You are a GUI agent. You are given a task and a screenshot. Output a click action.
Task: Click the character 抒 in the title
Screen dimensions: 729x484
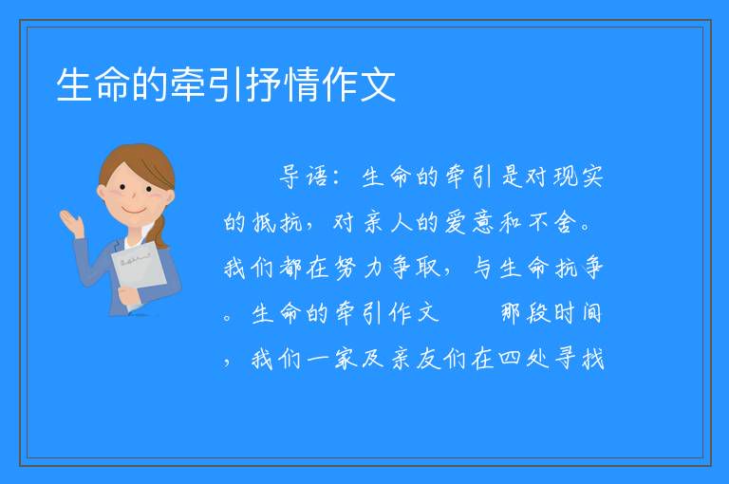tap(265, 84)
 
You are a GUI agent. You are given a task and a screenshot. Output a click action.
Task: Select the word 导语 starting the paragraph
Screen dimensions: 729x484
tap(304, 177)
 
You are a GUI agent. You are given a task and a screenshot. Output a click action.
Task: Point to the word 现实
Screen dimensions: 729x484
tap(578, 177)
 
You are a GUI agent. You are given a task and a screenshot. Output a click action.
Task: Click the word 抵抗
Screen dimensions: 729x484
tap(277, 223)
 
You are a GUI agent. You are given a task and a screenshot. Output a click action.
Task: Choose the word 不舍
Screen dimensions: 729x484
tap(551, 223)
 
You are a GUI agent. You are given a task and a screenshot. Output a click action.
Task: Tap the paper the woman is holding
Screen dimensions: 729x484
tap(138, 271)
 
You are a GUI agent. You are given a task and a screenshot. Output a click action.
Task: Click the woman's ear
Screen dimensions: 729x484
tap(102, 192)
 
